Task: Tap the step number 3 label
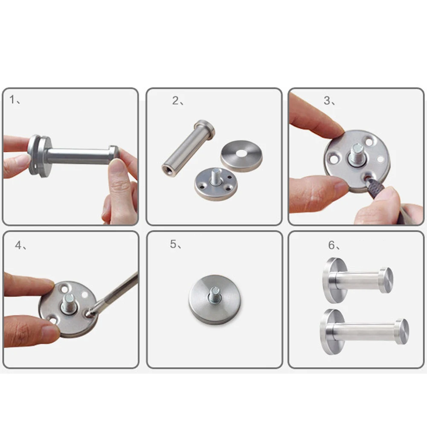point(328,101)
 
